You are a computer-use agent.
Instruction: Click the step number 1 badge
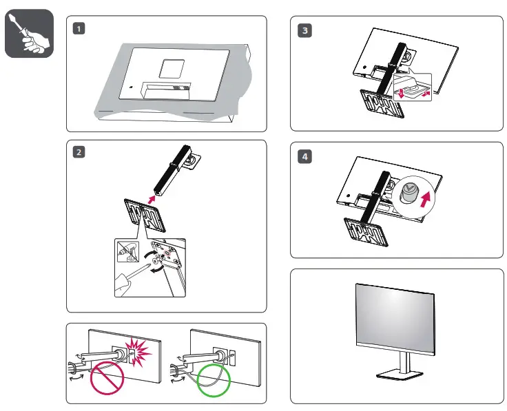(81, 29)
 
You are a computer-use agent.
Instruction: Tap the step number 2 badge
(81, 153)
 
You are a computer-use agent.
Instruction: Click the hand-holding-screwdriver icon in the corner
(29, 34)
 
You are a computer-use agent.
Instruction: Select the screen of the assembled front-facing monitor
(395, 317)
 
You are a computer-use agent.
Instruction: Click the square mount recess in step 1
(166, 67)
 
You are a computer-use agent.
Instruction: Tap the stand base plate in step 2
(145, 215)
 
